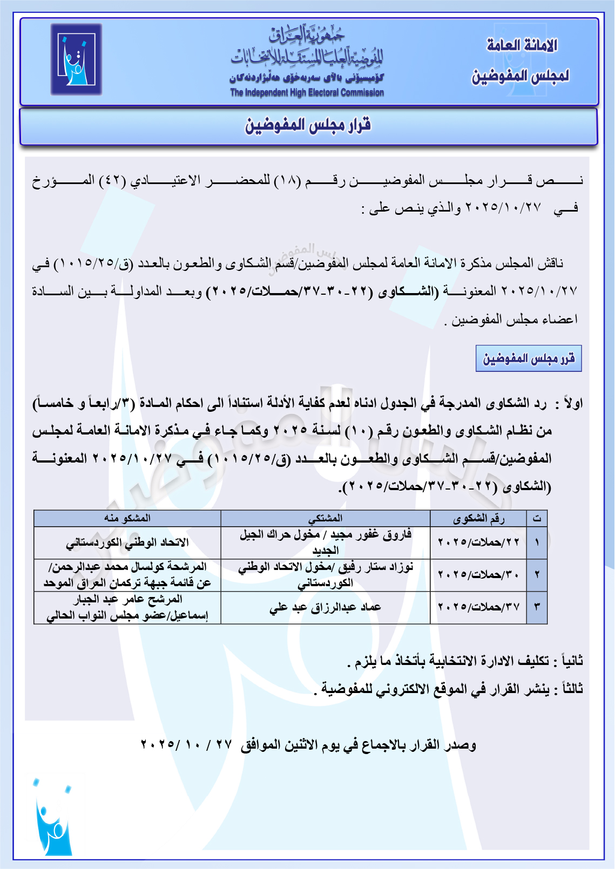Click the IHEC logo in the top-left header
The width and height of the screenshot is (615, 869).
(x=76, y=59)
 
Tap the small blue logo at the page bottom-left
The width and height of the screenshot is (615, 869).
(x=52, y=817)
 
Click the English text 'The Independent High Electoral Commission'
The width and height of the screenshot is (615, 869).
(x=307, y=93)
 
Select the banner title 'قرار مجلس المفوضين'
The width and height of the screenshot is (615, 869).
(x=308, y=126)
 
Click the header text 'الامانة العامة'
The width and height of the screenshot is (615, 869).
(x=522, y=45)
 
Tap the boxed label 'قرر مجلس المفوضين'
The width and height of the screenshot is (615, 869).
(x=528, y=359)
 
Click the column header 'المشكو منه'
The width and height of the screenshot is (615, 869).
(x=127, y=518)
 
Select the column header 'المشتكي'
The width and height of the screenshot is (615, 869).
(x=325, y=518)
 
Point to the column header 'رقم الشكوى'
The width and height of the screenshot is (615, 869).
(x=478, y=519)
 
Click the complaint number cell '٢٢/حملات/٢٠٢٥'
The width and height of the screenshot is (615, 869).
(x=478, y=542)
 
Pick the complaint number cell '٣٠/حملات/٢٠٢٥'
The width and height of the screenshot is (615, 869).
(x=478, y=574)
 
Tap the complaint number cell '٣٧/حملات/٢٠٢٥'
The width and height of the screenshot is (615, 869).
(x=478, y=607)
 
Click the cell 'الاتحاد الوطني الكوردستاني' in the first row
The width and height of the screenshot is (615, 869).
(x=127, y=542)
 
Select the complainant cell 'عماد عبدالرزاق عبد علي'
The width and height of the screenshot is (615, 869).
(x=325, y=607)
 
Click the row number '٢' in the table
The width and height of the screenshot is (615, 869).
(x=537, y=574)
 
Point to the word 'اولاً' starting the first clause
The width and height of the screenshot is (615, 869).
(x=571, y=403)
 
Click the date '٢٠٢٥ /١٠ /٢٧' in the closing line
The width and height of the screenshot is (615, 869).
(x=186, y=745)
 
